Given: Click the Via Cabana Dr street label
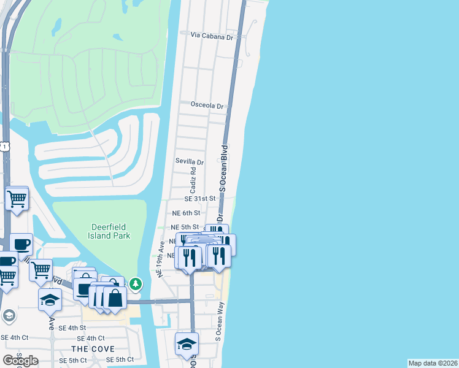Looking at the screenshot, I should pyautogui.click(x=213, y=37).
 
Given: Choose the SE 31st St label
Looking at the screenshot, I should pyautogui.click(x=200, y=199).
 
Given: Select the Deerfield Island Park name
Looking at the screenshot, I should pyautogui.click(x=99, y=231).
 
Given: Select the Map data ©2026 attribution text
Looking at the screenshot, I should pyautogui.click(x=433, y=363).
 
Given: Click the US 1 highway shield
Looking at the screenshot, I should pyautogui.click(x=5, y=147).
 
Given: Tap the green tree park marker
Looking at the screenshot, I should pyautogui.click(x=136, y=284).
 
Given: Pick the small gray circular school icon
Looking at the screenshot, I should pyautogui.click(x=9, y=316).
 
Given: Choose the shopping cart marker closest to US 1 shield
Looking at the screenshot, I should pyautogui.click(x=17, y=199).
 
